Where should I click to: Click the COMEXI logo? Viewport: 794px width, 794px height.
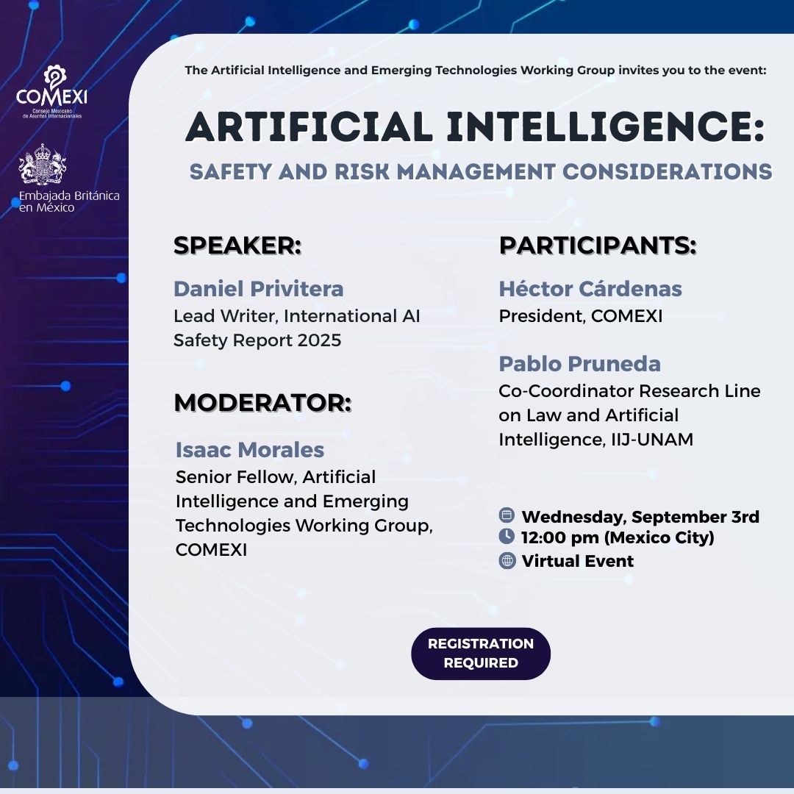pyautogui.click(x=51, y=92)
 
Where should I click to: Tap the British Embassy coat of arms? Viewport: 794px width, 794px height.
pyautogui.click(x=43, y=164)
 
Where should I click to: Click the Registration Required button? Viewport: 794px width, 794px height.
pyautogui.click(x=481, y=654)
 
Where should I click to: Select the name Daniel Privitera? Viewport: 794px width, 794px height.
pyautogui.click(x=258, y=289)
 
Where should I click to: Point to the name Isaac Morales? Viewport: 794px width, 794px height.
pyautogui.click(x=250, y=450)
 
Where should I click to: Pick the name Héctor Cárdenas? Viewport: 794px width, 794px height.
pyautogui.click(x=590, y=289)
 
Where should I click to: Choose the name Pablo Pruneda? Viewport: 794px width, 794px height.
pyautogui.click(x=579, y=364)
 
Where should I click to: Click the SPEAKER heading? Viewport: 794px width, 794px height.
pyautogui.click(x=237, y=246)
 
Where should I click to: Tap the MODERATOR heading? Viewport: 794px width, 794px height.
pyautogui.click(x=262, y=403)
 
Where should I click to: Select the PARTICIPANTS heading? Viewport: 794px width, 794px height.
pyautogui.click(x=598, y=246)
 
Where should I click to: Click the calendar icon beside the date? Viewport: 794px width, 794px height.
pyautogui.click(x=507, y=515)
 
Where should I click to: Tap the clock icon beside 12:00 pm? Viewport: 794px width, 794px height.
pyautogui.click(x=507, y=536)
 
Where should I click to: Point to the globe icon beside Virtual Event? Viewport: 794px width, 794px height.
pyautogui.click(x=507, y=560)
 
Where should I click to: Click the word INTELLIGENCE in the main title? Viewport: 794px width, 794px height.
pyautogui.click(x=605, y=126)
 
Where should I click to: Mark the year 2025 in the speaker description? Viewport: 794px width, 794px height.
pyautogui.click(x=319, y=340)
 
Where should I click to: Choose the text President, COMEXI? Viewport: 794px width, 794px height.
pyautogui.click(x=580, y=316)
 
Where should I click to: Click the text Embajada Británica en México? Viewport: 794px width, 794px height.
pyautogui.click(x=69, y=201)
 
